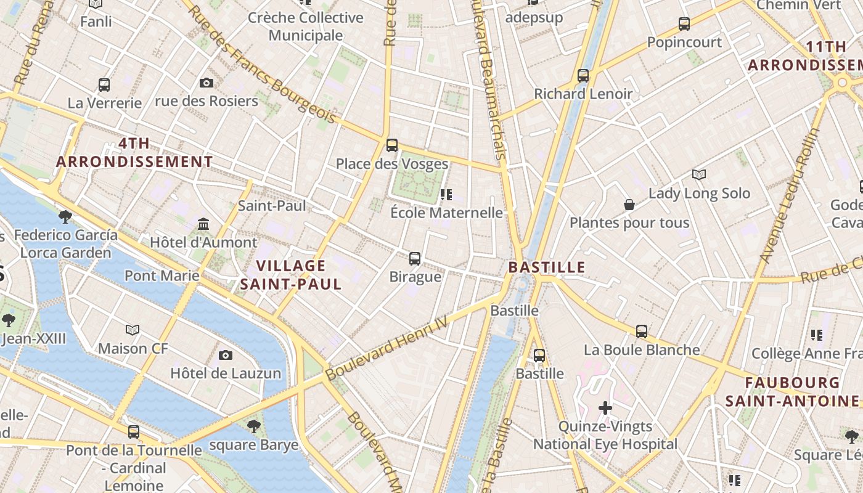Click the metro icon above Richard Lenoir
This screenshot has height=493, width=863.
(x=583, y=76)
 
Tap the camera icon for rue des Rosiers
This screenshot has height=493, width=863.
(x=207, y=83)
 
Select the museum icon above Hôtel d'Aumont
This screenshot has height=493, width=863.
(x=203, y=224)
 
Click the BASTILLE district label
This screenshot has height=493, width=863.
(x=546, y=267)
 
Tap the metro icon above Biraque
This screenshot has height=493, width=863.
(x=415, y=259)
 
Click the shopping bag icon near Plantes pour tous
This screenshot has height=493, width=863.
(x=629, y=204)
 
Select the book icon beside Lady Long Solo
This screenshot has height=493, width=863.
(x=698, y=175)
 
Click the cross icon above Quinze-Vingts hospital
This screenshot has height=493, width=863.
(x=605, y=407)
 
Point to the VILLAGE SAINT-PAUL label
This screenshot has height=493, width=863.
(x=290, y=275)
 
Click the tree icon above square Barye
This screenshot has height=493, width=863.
(x=253, y=426)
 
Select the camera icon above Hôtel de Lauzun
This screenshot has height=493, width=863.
(x=226, y=355)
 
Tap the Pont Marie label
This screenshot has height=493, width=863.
(x=162, y=275)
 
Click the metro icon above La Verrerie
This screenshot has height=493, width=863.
(x=104, y=84)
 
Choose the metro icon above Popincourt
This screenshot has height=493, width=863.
(x=684, y=24)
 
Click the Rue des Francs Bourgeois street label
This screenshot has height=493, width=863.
(x=262, y=65)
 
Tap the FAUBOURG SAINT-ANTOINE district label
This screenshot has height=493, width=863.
(x=792, y=392)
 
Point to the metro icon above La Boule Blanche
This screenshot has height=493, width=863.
(x=642, y=331)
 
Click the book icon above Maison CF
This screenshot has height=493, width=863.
(x=133, y=330)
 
